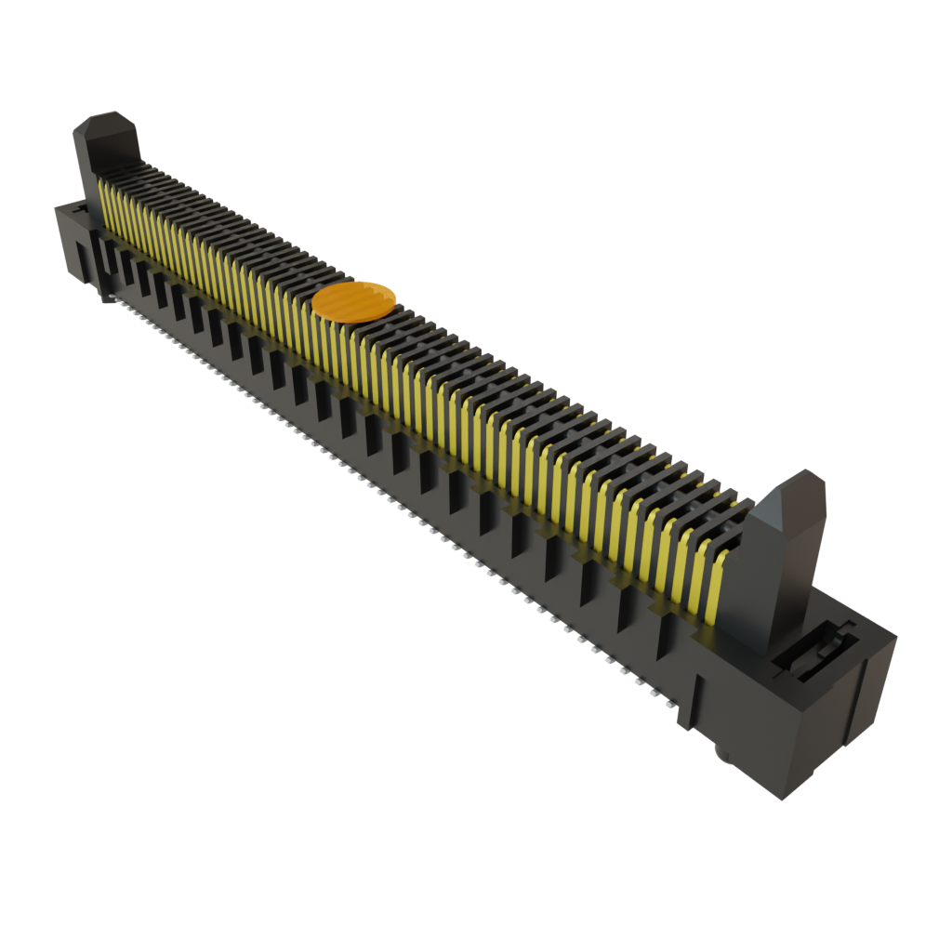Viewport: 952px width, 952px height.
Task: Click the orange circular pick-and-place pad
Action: (x=354, y=301)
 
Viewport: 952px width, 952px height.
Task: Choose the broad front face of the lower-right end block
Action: (x=744, y=725)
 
